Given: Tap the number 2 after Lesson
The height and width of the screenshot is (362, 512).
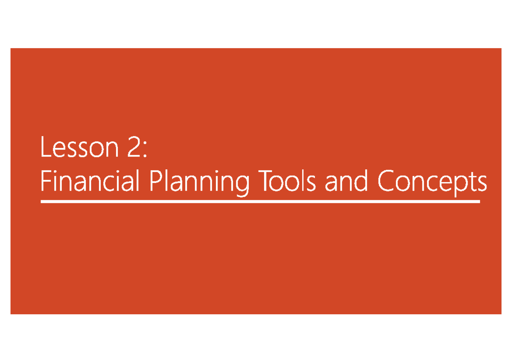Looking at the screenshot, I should point(133,148).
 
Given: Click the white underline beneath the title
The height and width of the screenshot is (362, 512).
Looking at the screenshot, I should point(260,202).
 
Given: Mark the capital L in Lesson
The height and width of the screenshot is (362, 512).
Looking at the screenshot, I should point(45,148).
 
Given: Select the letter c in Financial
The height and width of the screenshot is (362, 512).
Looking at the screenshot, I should point(112,184).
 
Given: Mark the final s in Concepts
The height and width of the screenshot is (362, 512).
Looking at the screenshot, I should point(482,184).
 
